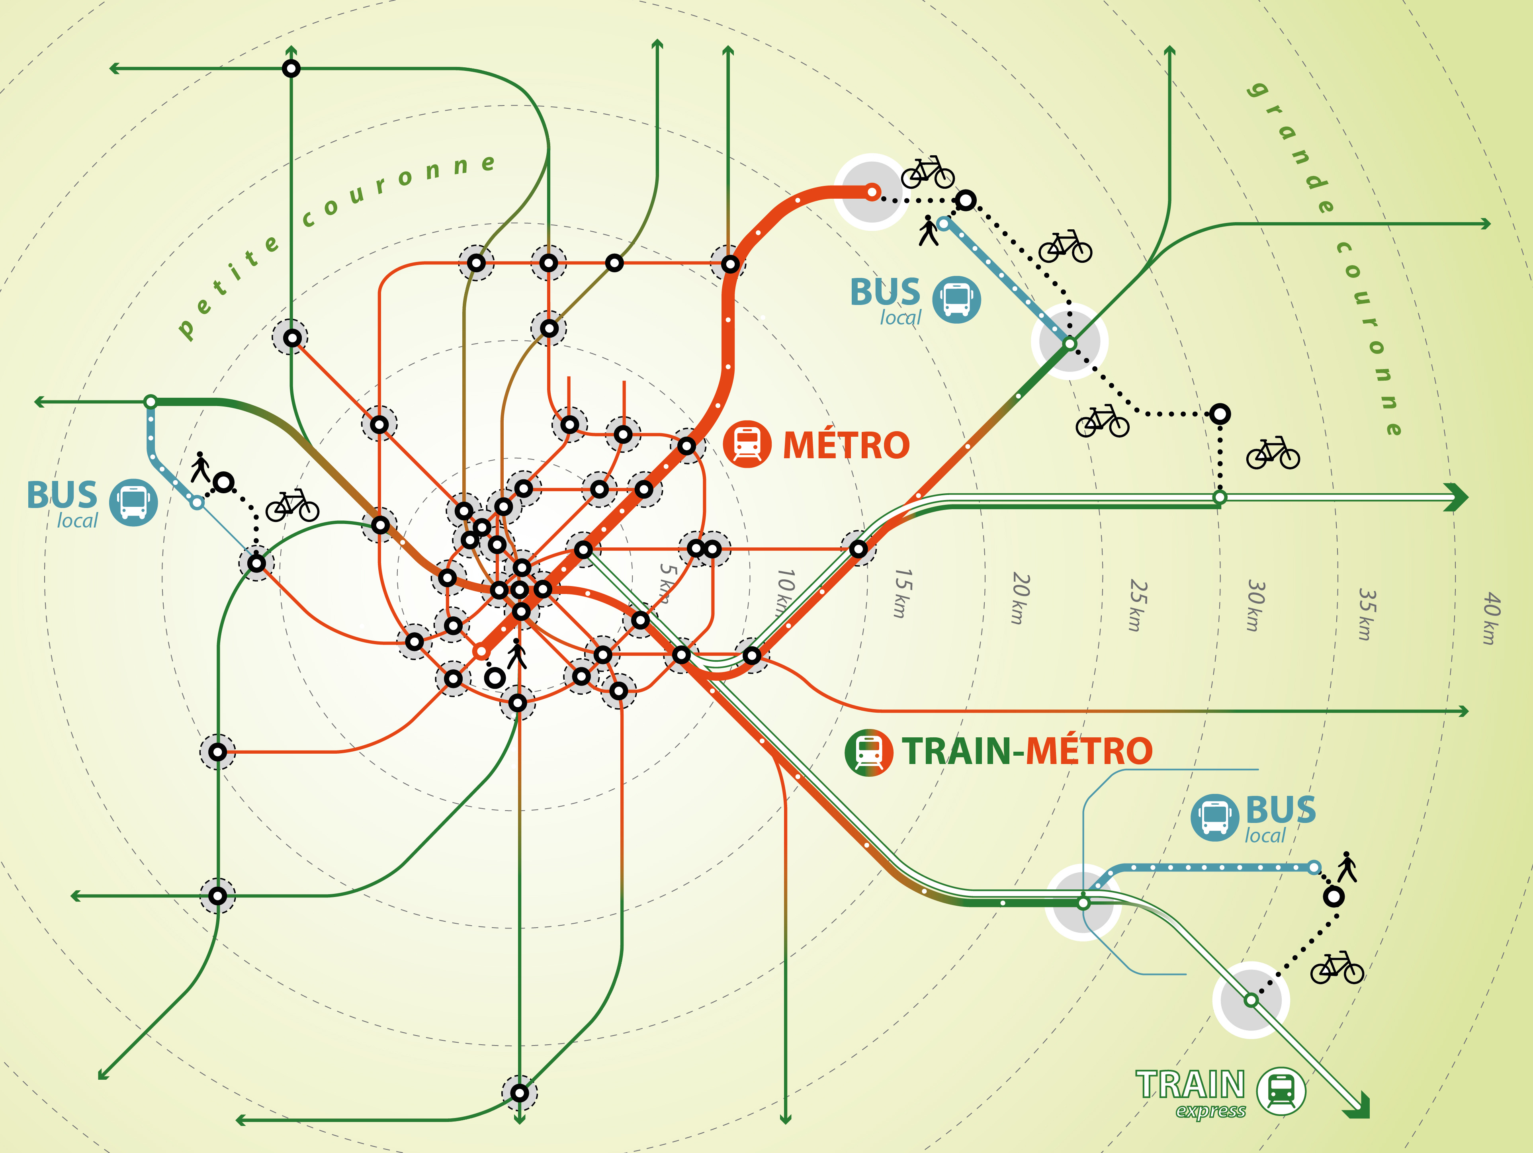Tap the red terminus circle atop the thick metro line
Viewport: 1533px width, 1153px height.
(x=872, y=192)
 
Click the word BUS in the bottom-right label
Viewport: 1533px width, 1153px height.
(x=1281, y=809)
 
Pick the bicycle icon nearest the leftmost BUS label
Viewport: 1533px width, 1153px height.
(x=292, y=505)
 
